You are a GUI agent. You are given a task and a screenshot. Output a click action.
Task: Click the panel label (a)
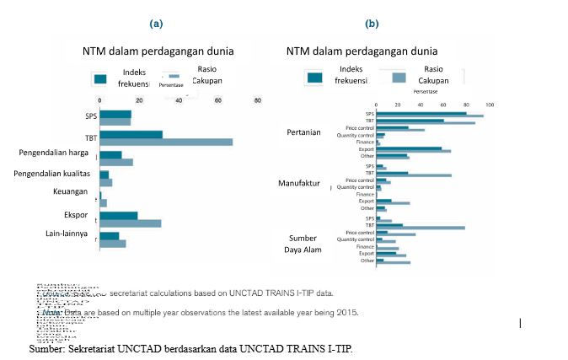click(x=156, y=24)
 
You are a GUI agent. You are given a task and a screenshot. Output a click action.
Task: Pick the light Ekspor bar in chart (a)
click(x=130, y=223)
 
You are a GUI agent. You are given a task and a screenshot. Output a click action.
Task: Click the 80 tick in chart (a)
click(x=258, y=101)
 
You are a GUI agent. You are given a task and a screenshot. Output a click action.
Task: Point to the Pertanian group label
click(x=303, y=132)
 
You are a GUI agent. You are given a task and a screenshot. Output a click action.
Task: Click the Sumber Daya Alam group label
click(x=303, y=243)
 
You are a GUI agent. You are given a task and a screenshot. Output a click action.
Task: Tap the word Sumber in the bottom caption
click(x=46, y=348)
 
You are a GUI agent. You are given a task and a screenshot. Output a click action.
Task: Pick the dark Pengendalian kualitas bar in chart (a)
click(x=104, y=174)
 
